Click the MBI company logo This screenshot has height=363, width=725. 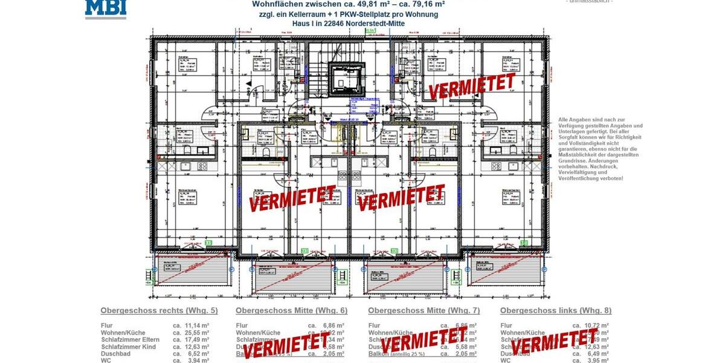coord(105,8)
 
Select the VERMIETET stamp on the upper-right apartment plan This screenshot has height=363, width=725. coord(472,85)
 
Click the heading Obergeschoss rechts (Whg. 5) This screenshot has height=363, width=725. coord(159,310)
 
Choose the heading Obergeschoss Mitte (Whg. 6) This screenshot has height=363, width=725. coord(291,310)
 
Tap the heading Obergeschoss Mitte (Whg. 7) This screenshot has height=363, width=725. coord(424,310)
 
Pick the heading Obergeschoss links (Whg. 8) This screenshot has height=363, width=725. coord(556,310)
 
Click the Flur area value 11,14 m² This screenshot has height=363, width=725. coord(197,325)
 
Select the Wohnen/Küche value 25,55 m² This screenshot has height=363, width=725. coord(197,333)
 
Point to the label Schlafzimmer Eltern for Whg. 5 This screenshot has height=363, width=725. coord(130,339)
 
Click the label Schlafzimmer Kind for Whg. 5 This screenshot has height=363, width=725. coord(128,347)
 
